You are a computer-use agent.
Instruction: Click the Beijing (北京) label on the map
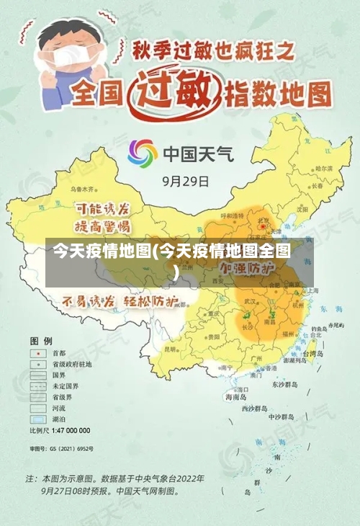tap(263, 220)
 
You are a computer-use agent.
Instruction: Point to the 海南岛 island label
tap(235, 396)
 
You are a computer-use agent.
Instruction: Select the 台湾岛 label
tap(313, 355)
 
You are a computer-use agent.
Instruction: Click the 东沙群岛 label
tap(285, 384)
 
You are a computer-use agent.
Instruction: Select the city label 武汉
tap(250, 300)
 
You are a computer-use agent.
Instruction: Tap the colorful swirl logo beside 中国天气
tap(142, 153)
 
